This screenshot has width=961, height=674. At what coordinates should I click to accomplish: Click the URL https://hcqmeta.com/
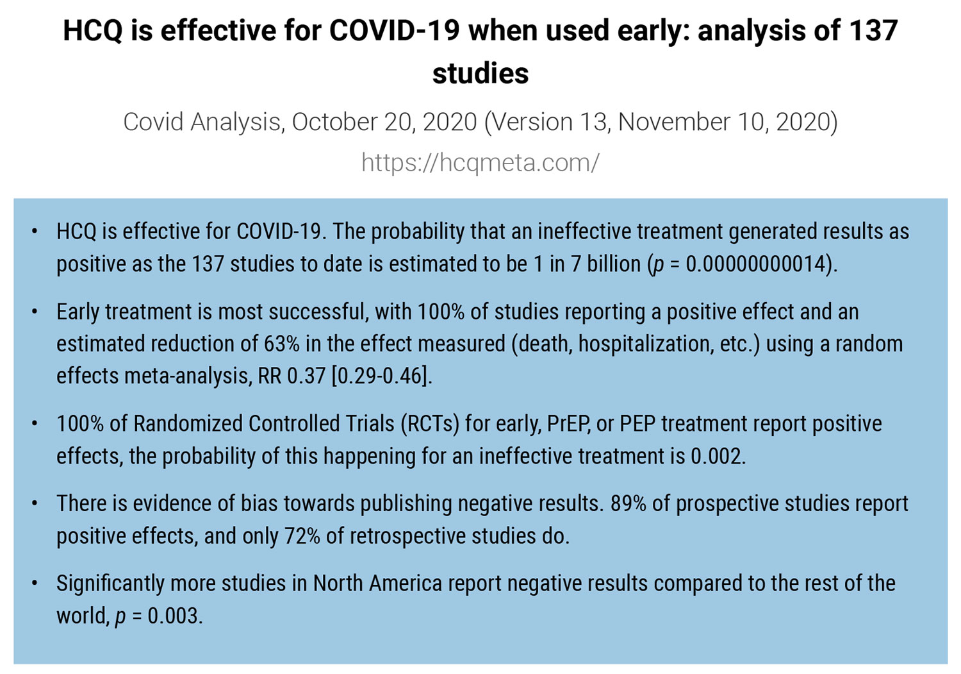click(x=480, y=163)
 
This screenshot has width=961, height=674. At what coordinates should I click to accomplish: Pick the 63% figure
click(x=281, y=344)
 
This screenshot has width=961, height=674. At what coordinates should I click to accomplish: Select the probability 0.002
click(x=717, y=456)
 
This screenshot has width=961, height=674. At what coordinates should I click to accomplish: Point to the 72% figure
click(x=302, y=536)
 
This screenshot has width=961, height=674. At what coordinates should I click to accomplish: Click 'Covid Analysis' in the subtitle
click(x=203, y=122)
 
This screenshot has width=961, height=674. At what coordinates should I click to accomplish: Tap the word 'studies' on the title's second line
click(x=481, y=73)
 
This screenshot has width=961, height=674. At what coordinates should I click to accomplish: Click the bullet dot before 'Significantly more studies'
click(x=35, y=584)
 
